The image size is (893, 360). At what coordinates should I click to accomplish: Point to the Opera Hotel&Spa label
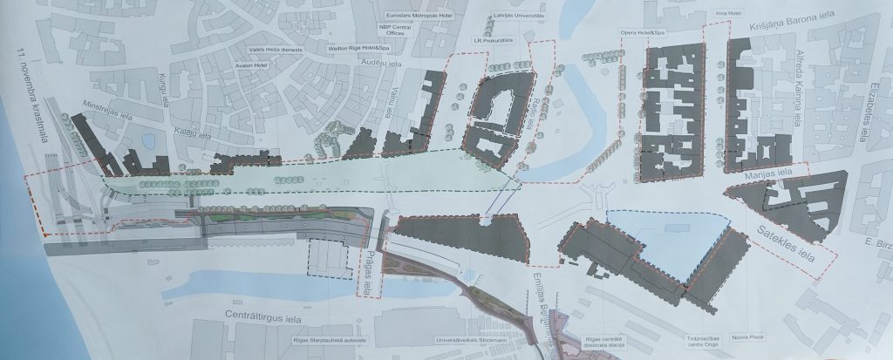coord(642,32)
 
